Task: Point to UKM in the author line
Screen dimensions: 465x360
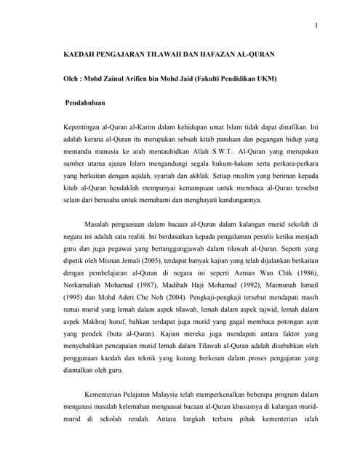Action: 268,78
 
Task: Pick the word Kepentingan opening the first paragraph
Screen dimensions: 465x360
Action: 87,129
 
